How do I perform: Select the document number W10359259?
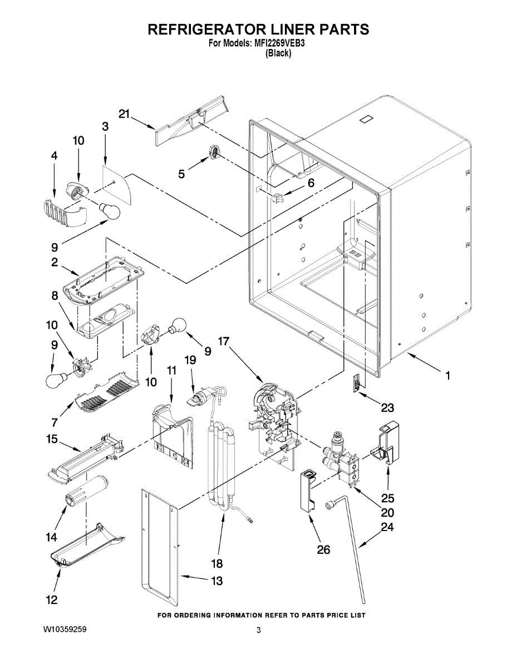[65, 630]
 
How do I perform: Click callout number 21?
[125, 114]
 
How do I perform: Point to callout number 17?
[224, 341]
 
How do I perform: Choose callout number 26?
[323, 549]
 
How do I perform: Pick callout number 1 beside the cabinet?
[448, 375]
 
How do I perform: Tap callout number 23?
[387, 408]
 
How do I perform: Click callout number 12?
[52, 600]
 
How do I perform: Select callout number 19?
[190, 360]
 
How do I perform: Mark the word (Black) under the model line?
[278, 53]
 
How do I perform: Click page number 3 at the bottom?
[258, 630]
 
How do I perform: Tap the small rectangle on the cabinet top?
[366, 120]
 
